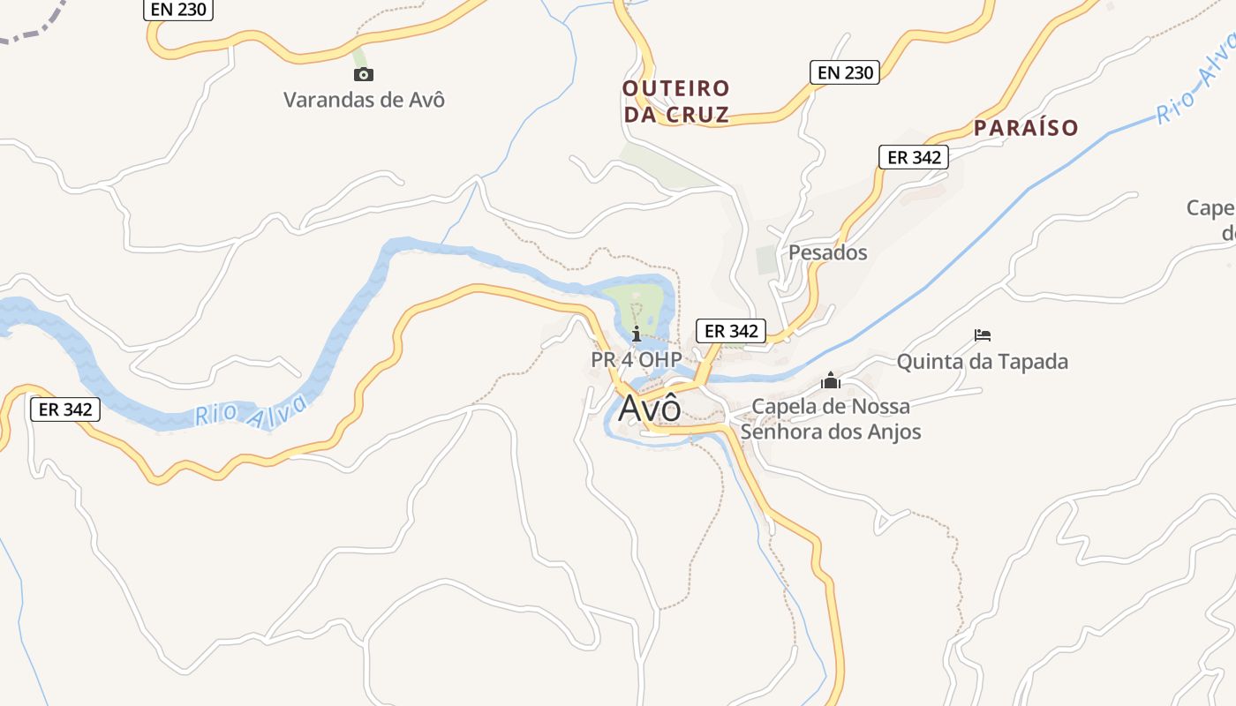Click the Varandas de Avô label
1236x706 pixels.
[x=364, y=99]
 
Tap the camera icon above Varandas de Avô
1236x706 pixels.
[x=363, y=74]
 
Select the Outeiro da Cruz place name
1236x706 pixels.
[x=676, y=101]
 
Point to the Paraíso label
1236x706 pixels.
[x=1026, y=128]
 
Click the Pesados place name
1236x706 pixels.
[x=827, y=252]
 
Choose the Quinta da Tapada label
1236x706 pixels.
[x=982, y=361]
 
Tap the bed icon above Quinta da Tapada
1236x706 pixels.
[x=983, y=335]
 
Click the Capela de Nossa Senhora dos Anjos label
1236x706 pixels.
[x=831, y=419]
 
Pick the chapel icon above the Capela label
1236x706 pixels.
[x=830, y=381]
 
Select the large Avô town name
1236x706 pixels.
[x=650, y=409]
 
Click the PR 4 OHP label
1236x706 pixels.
[x=636, y=360]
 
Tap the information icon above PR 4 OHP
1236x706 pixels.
[x=637, y=334]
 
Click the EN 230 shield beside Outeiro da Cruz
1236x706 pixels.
[x=845, y=72]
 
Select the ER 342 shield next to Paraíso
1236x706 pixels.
[x=913, y=157]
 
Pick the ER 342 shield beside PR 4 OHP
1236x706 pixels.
[x=731, y=331]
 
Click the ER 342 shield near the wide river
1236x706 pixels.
[x=64, y=409]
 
